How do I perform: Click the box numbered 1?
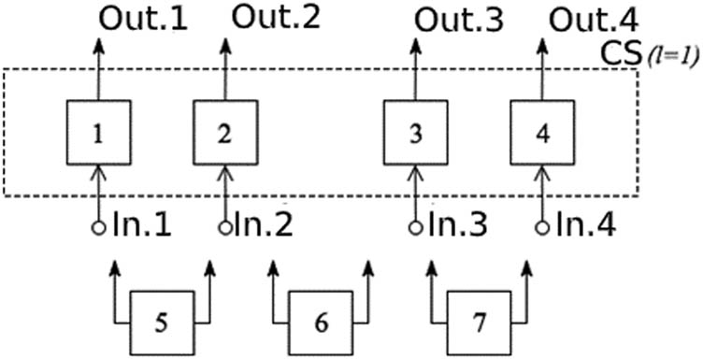tap(98, 132)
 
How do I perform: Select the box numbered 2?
tap(224, 132)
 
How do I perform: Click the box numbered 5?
tap(161, 322)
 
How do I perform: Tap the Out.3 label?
tap(457, 20)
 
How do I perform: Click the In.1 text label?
tap(141, 227)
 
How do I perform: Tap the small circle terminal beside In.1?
tap(98, 227)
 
